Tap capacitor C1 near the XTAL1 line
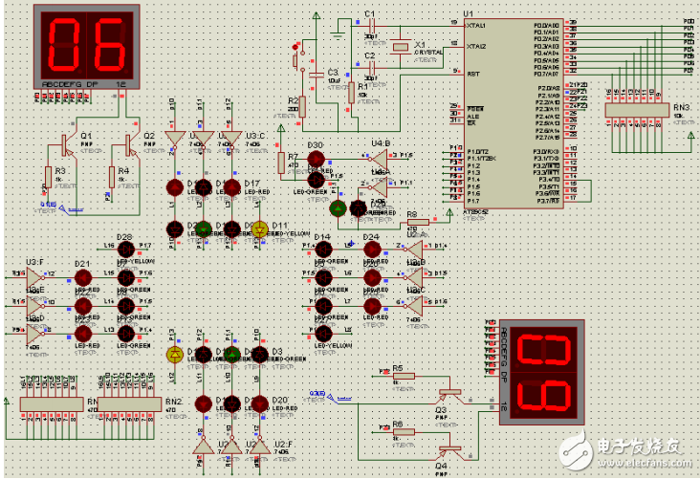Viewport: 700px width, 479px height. pos(370,25)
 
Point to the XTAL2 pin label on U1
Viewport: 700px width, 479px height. pos(476,46)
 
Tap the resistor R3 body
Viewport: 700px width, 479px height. pos(47,178)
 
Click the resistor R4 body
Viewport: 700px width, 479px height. pos(112,178)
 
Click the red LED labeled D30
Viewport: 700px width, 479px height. pos(317,159)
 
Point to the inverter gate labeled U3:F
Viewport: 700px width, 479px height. pos(34,278)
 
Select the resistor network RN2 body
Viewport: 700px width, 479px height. pos(142,403)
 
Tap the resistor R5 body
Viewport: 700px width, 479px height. pos(404,376)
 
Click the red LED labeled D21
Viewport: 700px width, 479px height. pos(83,278)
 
